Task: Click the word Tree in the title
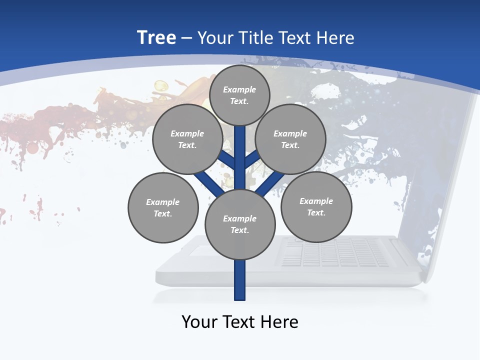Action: click(156, 38)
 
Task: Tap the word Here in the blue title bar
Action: click(335, 38)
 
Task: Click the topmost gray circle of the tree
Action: click(239, 95)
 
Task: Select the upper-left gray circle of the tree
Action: click(187, 139)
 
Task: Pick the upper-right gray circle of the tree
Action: click(290, 139)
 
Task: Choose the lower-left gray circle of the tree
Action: click(163, 207)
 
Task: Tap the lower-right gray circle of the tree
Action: click(316, 206)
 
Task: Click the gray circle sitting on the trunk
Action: click(240, 224)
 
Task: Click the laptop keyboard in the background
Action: click(335, 252)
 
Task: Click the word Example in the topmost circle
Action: click(239, 90)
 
